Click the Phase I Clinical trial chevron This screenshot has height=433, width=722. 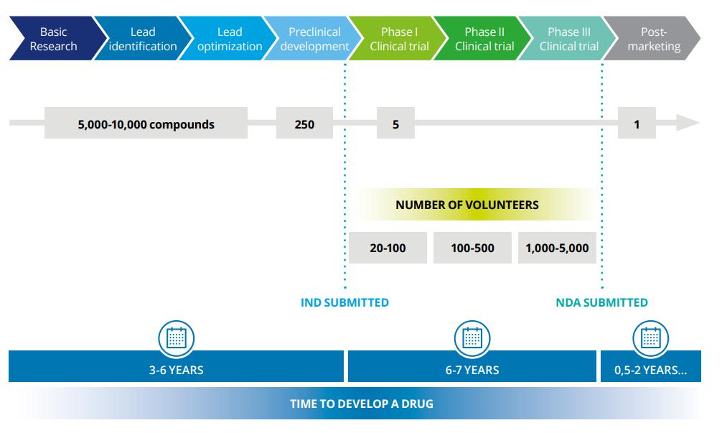coord(399,39)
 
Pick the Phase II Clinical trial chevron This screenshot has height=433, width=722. coord(484,39)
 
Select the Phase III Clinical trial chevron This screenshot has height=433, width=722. coord(568,39)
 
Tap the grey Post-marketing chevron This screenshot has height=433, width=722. coord(653,39)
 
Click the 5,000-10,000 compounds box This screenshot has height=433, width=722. coord(146,124)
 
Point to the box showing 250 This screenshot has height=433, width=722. coord(304,124)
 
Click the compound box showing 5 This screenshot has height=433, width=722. coord(395,124)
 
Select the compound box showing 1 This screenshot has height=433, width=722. coord(636,124)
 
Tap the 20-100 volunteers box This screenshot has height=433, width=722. coord(388,248)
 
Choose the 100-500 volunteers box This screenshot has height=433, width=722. coord(472,248)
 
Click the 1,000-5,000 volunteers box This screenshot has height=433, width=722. coord(557,248)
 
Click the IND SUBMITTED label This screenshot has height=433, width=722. coord(344,302)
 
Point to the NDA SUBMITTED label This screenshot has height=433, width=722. coord(601,302)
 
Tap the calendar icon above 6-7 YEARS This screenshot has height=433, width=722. coord(472,337)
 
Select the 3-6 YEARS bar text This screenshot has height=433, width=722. coord(176,370)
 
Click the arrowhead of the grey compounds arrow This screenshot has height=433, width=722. coord(689,124)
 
